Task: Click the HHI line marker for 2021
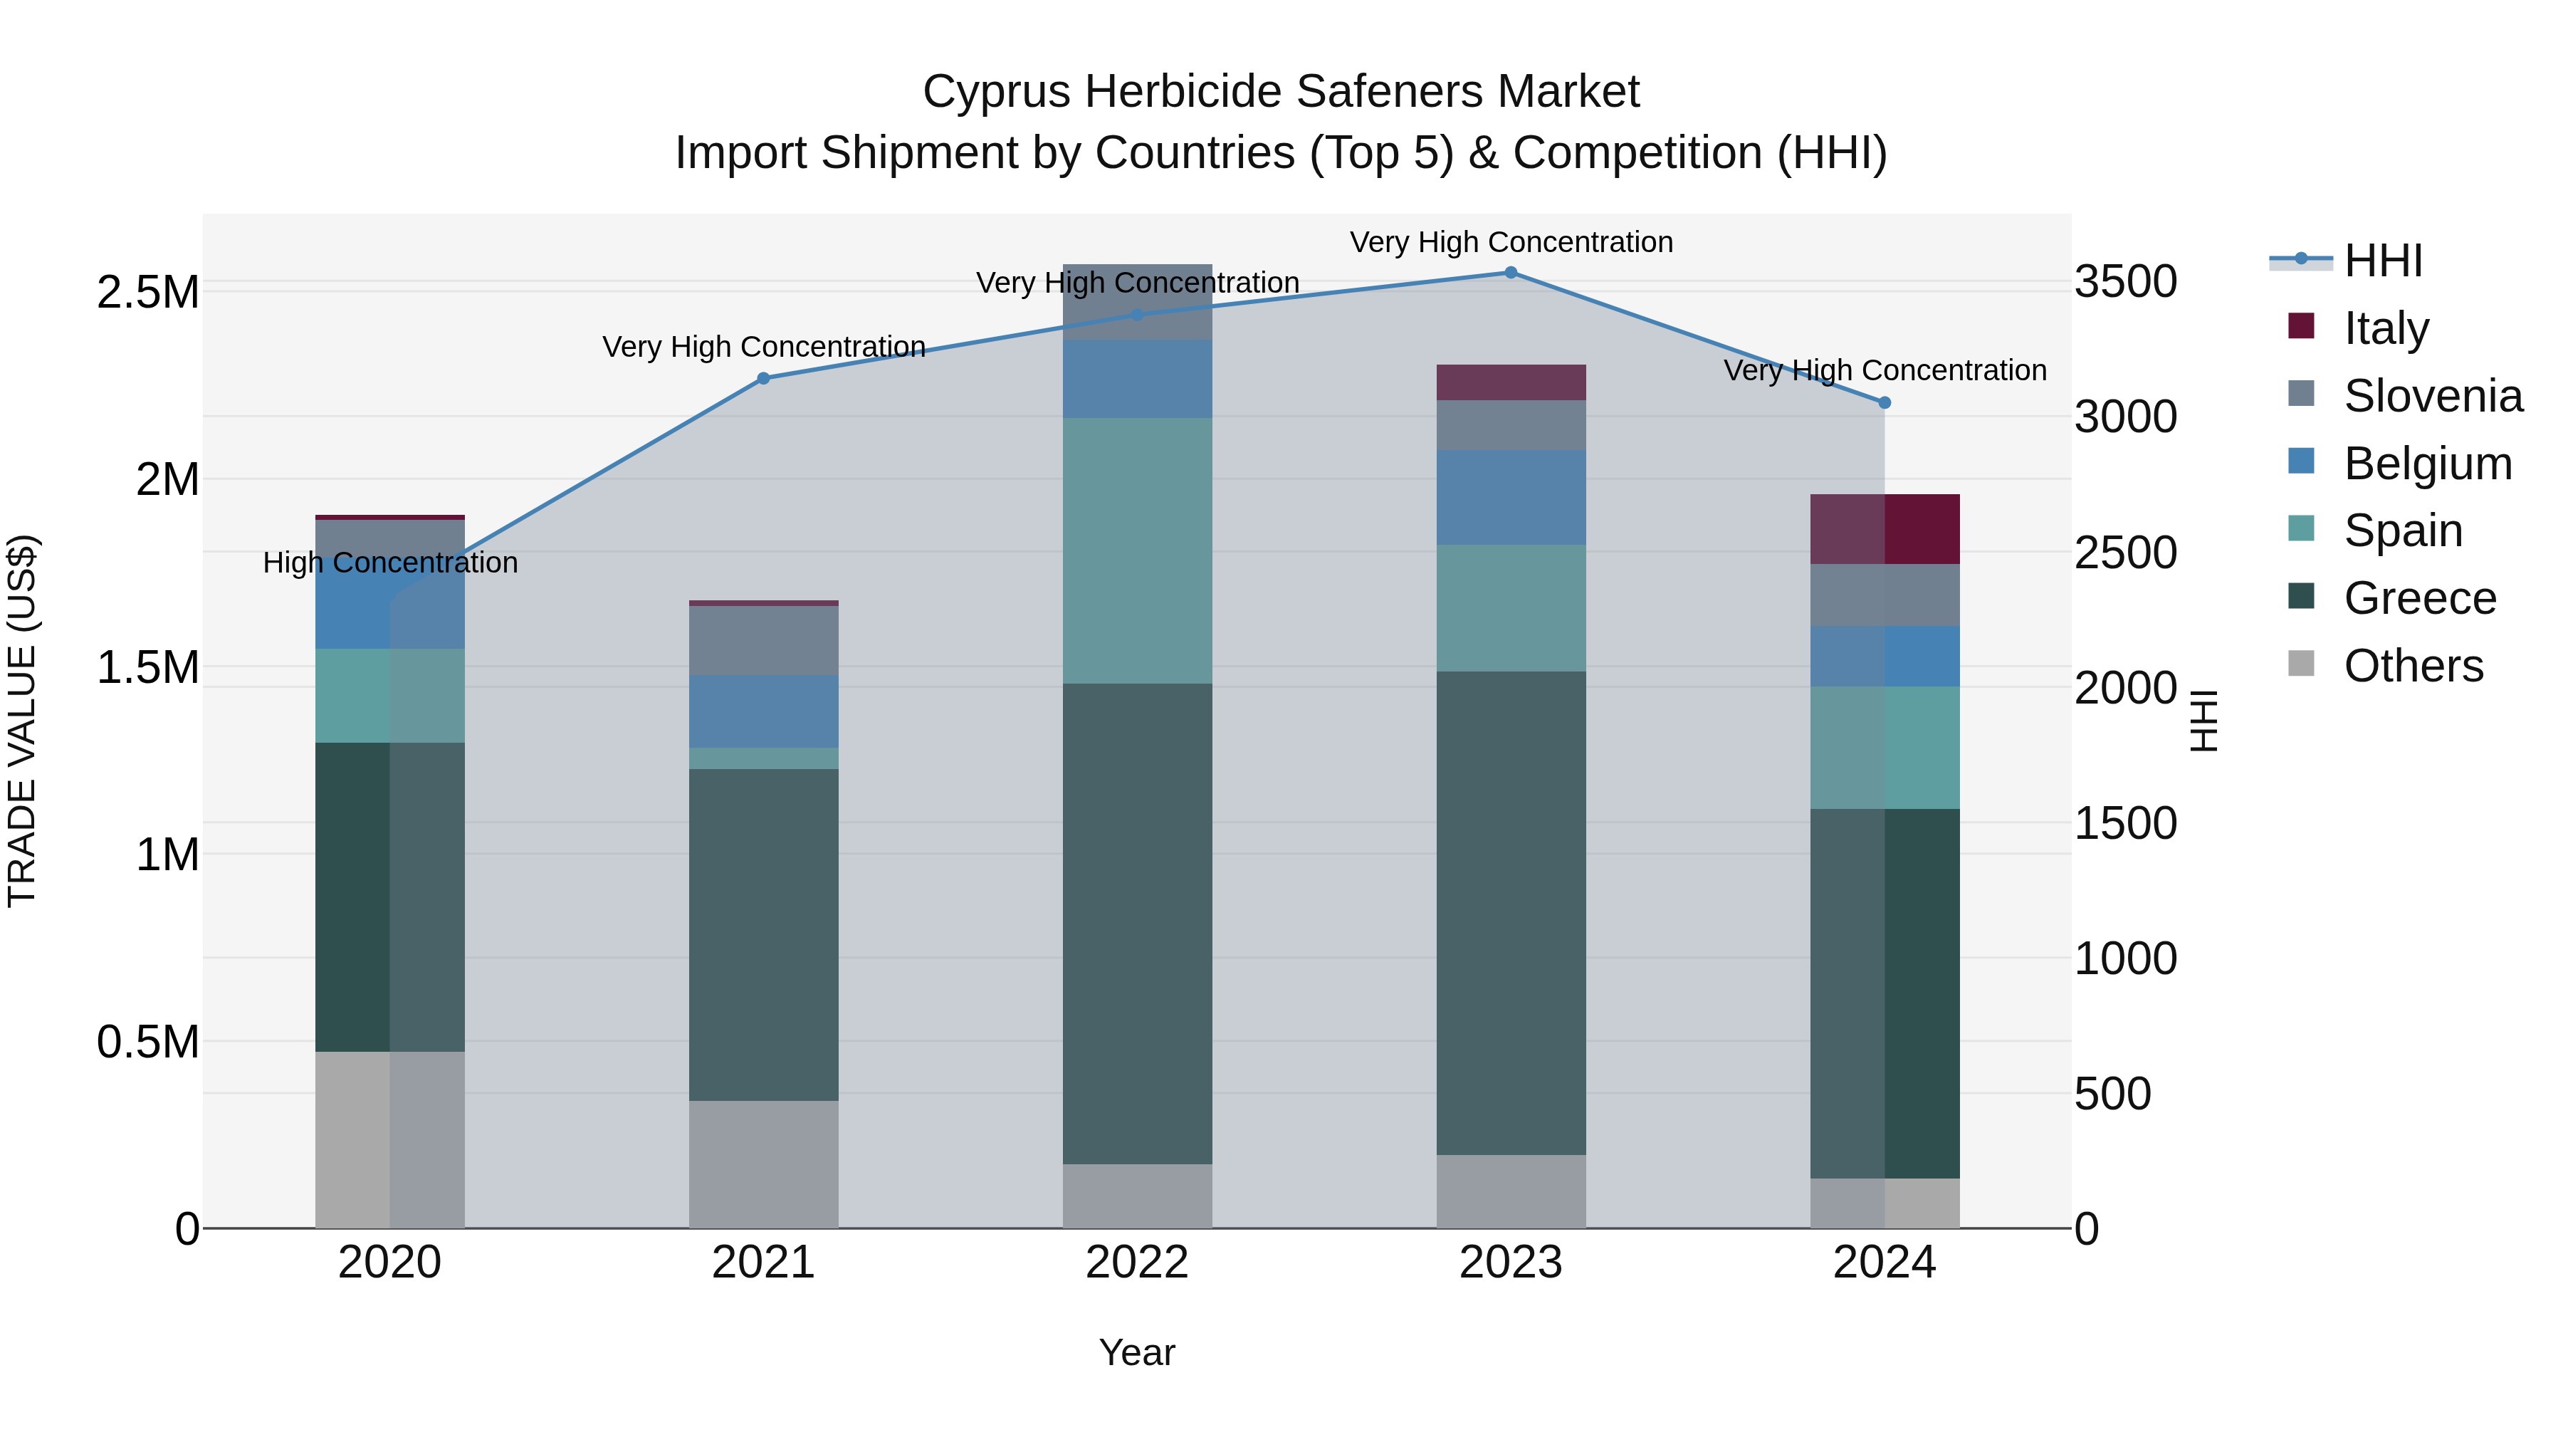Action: coord(763,378)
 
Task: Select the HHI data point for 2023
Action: coord(1510,273)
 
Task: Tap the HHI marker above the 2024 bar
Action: coord(1883,403)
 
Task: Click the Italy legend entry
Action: coord(2385,328)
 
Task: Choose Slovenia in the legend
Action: coord(2432,396)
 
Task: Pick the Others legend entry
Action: coord(2413,666)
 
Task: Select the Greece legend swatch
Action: coord(2301,597)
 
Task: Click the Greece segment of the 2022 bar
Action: coord(1137,924)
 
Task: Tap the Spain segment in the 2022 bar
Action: coord(1137,550)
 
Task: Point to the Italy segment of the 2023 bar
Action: coord(1510,382)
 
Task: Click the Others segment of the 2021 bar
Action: coord(763,1164)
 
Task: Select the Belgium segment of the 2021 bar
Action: coord(763,711)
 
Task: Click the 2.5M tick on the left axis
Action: coord(148,293)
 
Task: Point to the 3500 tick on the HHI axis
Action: coord(2125,281)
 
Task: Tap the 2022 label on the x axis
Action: coord(1137,1263)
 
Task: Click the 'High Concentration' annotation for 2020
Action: coord(390,563)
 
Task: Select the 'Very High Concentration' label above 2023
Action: coord(1510,243)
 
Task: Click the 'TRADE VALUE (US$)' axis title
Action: coord(23,721)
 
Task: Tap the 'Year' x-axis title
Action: coord(1136,1352)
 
